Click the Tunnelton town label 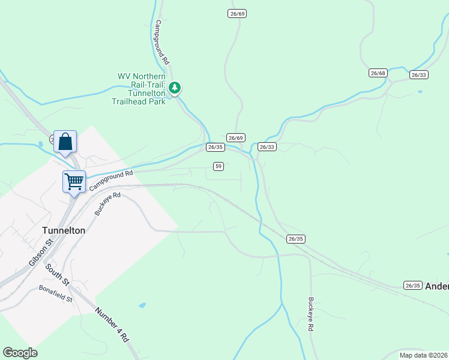pyautogui.click(x=64, y=230)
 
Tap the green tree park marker pyautogui.click(x=175, y=89)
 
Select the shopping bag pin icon pyautogui.click(x=65, y=142)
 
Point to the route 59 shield pyautogui.click(x=218, y=166)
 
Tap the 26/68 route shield pyautogui.click(x=378, y=73)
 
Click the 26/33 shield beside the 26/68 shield pyautogui.click(x=419, y=75)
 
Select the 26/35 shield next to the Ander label pyautogui.click(x=412, y=286)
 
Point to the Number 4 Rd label pyautogui.click(x=112, y=325)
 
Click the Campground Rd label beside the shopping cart pyautogui.click(x=110, y=180)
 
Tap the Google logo pyautogui.click(x=21, y=353)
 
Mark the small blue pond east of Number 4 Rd pyautogui.click(x=142, y=305)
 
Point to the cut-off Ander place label pyautogui.click(x=436, y=286)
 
